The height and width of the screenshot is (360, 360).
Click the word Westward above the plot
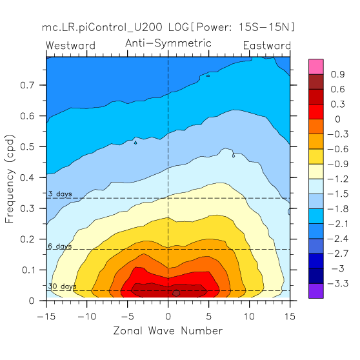tap(70, 45)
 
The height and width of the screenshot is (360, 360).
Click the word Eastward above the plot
tap(267, 45)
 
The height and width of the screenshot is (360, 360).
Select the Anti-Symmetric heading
tap(168, 43)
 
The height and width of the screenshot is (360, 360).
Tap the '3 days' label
tap(60, 194)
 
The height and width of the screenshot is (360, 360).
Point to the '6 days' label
tap(60, 246)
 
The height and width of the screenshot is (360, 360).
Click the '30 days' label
tap(62, 286)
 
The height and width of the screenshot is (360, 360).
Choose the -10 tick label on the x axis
tap(87, 317)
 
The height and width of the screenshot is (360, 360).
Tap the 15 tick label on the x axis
tap(290, 317)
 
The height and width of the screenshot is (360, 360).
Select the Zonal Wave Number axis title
tap(168, 331)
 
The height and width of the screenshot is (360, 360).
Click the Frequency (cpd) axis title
tap(10, 179)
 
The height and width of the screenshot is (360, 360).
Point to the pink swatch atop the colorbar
tap(316, 66)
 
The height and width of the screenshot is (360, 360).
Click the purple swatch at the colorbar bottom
tap(316, 291)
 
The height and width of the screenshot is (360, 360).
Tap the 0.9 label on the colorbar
tap(337, 74)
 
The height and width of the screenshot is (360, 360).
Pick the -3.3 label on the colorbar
tap(337, 283)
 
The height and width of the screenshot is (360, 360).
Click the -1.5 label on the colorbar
tap(337, 194)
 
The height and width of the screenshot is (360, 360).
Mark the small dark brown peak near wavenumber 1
tap(176, 293)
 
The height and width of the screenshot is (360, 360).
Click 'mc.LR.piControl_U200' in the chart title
tap(102, 27)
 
